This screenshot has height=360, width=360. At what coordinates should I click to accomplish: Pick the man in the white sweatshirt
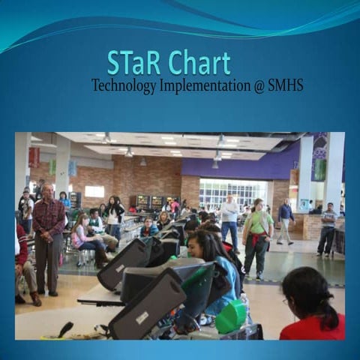click(x=229, y=217)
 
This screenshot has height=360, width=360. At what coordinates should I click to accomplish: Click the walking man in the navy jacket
click(x=285, y=221)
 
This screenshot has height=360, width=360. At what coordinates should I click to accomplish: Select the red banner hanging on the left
click(x=34, y=157)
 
